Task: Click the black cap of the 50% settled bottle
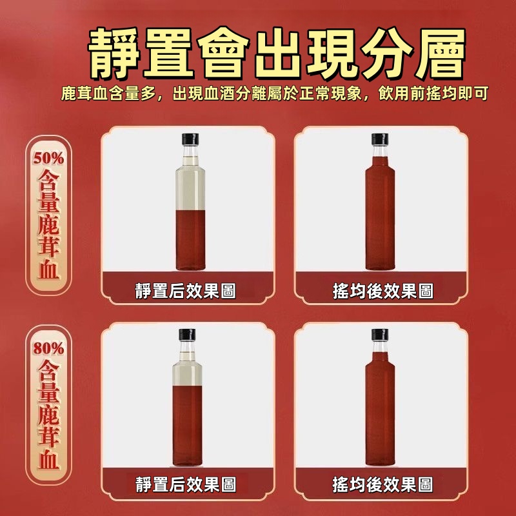click(x=190, y=139)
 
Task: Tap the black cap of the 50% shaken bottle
click(x=380, y=139)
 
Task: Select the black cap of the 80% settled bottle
click(x=187, y=335)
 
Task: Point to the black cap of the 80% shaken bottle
click(x=380, y=335)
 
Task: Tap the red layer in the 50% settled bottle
click(x=190, y=240)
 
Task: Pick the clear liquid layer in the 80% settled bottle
click(x=187, y=373)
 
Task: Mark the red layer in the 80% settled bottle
click(x=187, y=426)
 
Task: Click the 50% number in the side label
click(x=48, y=158)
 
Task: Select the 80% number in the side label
click(x=48, y=348)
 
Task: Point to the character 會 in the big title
click(x=223, y=54)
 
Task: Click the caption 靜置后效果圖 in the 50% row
click(x=186, y=291)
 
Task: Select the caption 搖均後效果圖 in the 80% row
click(x=382, y=484)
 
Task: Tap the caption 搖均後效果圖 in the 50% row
click(x=383, y=291)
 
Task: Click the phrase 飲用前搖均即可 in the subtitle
click(x=433, y=94)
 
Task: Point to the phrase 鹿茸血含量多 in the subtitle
click(x=108, y=94)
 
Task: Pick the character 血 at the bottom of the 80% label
click(x=49, y=459)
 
